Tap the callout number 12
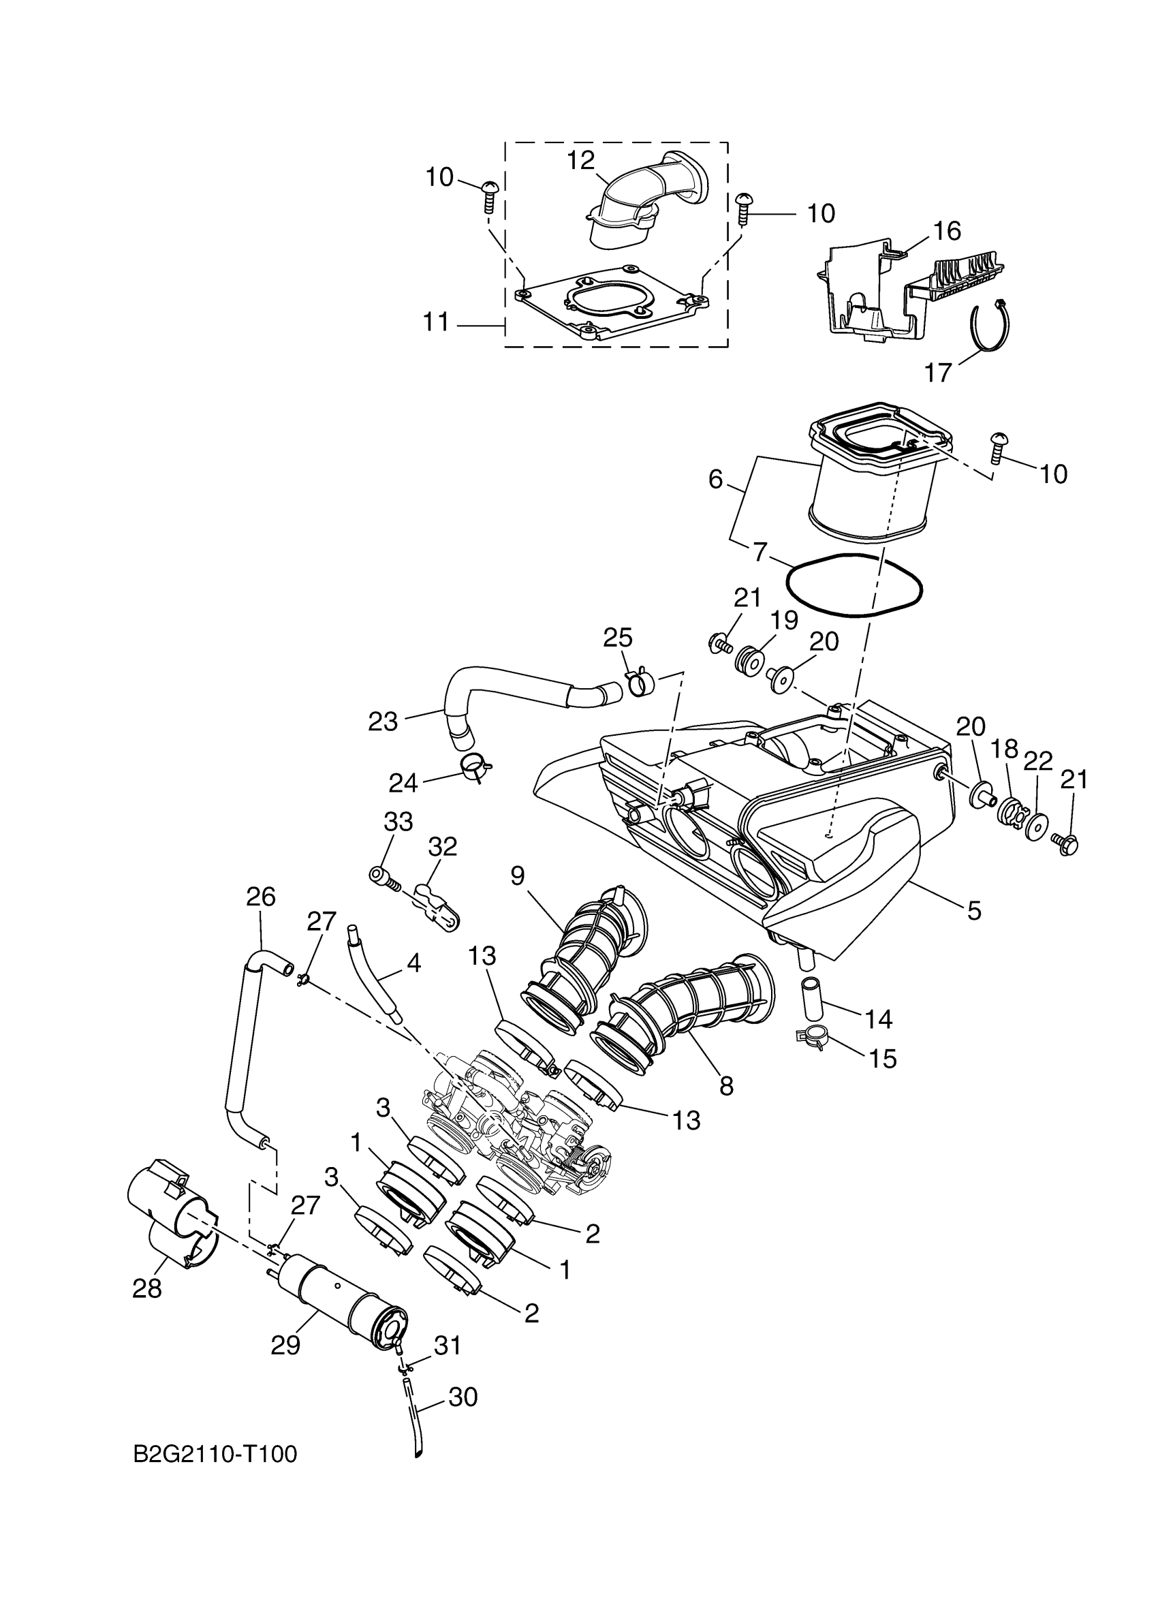(582, 161)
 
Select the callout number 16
(947, 230)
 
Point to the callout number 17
(938, 371)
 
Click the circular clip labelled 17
(990, 325)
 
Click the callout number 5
(973, 911)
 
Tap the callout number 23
(383, 721)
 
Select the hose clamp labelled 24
(476, 764)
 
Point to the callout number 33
(398, 822)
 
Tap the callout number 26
(261, 897)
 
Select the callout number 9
(518, 875)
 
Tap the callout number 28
(146, 1288)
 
